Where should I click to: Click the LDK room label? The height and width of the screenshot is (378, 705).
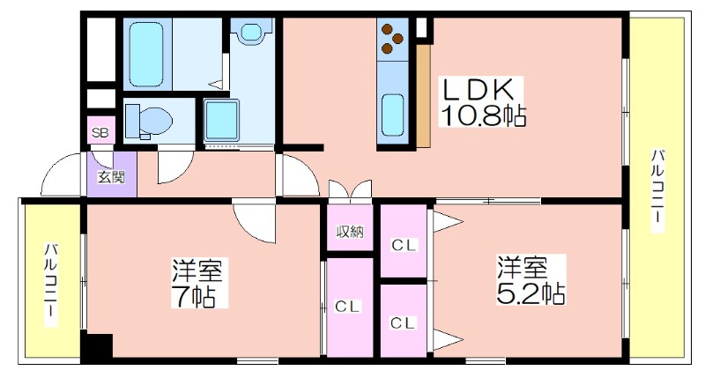tap(479, 90)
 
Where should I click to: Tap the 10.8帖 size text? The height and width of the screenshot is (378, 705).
tap(482, 116)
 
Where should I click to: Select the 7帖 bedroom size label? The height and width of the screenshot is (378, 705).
tap(194, 296)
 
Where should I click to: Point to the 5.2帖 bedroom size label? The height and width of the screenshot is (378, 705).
tap(531, 293)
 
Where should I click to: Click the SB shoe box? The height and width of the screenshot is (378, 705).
tap(100, 131)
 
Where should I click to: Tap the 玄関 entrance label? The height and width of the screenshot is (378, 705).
tap(111, 177)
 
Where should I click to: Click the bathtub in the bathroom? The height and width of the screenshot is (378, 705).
tap(146, 54)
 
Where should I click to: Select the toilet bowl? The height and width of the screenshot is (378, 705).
tap(150, 122)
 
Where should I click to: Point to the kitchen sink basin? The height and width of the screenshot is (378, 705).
tap(392, 115)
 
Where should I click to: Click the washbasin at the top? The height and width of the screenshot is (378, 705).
tap(251, 32)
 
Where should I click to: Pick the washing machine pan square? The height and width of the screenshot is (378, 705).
tap(221, 120)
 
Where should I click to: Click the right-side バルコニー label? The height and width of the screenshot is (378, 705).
tap(657, 191)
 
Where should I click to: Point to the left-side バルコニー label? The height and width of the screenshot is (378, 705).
tap(50, 285)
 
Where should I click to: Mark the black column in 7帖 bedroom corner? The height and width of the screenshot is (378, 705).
tap(97, 346)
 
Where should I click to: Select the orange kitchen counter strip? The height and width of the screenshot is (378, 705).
tap(424, 96)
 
